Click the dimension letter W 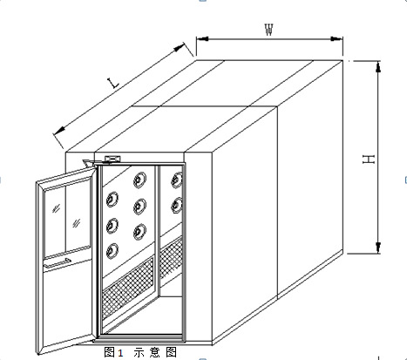click(x=269, y=30)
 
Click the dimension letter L click(x=113, y=83)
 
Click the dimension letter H click(x=369, y=160)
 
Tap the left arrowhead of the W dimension click(x=202, y=38)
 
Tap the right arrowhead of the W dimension click(x=337, y=38)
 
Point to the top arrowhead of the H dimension click(x=378, y=66)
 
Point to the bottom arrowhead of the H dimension click(x=378, y=248)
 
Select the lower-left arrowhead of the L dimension click(x=59, y=131)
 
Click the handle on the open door click(x=58, y=262)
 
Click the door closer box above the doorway click(x=112, y=159)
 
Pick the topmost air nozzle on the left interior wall click(x=140, y=180)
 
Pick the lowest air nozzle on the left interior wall click(x=112, y=251)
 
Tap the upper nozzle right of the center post click(x=177, y=180)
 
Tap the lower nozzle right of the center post click(x=177, y=205)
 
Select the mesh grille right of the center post click(x=171, y=257)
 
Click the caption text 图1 click(x=113, y=352)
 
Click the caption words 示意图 click(x=155, y=352)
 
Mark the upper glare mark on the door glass click(x=57, y=208)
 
